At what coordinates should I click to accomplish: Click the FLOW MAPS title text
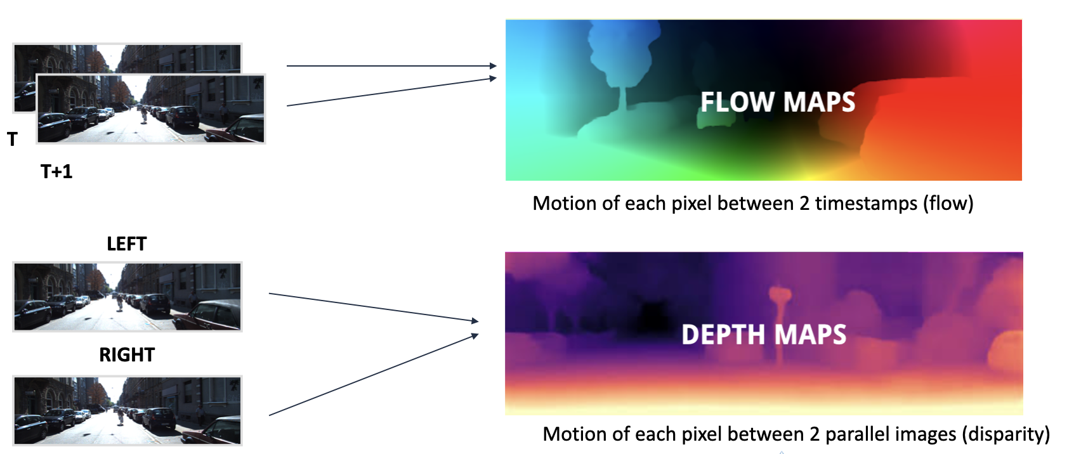777,102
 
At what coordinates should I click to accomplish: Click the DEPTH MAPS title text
764,335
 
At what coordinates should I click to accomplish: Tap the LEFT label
126,244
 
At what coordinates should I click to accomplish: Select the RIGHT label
127,355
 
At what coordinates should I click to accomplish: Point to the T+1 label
56,172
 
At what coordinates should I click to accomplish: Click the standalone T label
12,139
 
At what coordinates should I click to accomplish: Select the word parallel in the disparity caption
857,434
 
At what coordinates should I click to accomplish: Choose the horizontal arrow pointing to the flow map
391,65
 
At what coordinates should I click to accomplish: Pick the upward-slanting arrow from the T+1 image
391,92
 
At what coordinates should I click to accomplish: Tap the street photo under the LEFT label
128,297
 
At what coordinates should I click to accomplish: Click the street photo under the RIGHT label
128,410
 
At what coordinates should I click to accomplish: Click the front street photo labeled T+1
151,108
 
